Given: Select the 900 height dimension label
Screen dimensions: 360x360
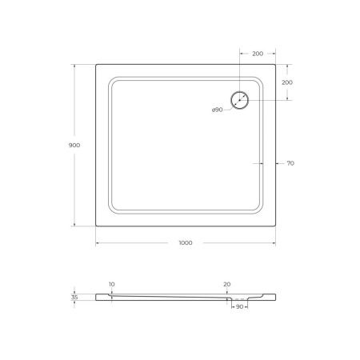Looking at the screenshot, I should [74, 146].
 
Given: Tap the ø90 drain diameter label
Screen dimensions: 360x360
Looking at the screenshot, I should [217, 110].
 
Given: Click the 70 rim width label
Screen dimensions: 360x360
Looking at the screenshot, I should [290, 163].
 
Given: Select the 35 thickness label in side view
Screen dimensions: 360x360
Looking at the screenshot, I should [74, 297].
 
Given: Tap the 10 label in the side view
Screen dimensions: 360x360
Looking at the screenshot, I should [111, 283].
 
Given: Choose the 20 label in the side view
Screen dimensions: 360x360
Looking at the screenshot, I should [227, 283].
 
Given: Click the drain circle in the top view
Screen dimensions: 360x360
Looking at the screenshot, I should [240, 101].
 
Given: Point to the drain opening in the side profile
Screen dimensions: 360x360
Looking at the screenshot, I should [238, 300].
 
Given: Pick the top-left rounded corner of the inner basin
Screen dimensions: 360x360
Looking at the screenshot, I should [113, 81].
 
